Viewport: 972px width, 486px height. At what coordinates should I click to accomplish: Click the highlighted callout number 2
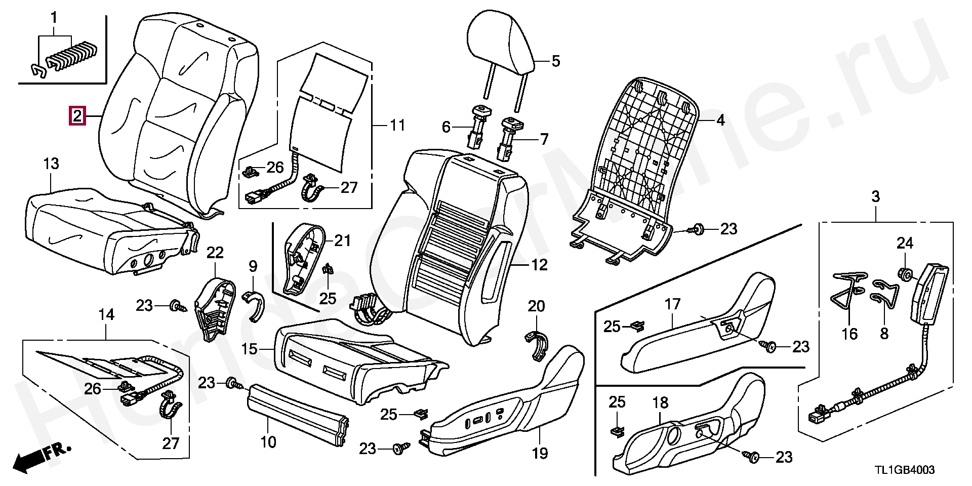pyautogui.click(x=76, y=116)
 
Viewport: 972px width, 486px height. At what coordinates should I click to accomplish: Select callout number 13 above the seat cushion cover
pyautogui.click(x=51, y=164)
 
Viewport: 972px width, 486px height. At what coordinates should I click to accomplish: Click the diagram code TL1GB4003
pyautogui.click(x=900, y=470)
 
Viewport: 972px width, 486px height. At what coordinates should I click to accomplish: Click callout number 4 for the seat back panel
pyautogui.click(x=720, y=120)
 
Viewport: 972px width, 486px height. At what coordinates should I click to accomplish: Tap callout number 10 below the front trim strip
pyautogui.click(x=268, y=441)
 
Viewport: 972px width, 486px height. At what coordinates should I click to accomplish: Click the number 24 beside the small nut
pyautogui.click(x=905, y=244)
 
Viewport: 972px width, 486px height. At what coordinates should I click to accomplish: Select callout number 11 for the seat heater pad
pyautogui.click(x=397, y=125)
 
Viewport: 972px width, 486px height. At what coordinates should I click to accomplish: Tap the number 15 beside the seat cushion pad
pyautogui.click(x=250, y=349)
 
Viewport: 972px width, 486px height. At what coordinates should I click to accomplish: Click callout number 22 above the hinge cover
pyautogui.click(x=215, y=253)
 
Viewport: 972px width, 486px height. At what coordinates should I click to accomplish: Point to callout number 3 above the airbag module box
pyautogui.click(x=876, y=196)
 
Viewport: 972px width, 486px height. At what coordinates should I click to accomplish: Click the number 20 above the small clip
pyautogui.click(x=537, y=306)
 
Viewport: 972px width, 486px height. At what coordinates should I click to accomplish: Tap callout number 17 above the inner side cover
pyautogui.click(x=673, y=304)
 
